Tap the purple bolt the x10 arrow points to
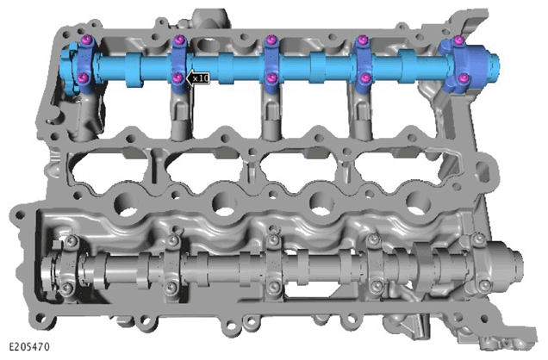point(178,78)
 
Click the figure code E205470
point(29,347)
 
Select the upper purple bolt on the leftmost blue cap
point(86,40)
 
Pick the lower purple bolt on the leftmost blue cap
point(84,78)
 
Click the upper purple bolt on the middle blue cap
point(271,40)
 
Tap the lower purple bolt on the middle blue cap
point(271,78)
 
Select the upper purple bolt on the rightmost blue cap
point(459,40)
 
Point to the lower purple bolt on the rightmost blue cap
point(463,78)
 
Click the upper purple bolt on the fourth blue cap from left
point(364,40)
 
